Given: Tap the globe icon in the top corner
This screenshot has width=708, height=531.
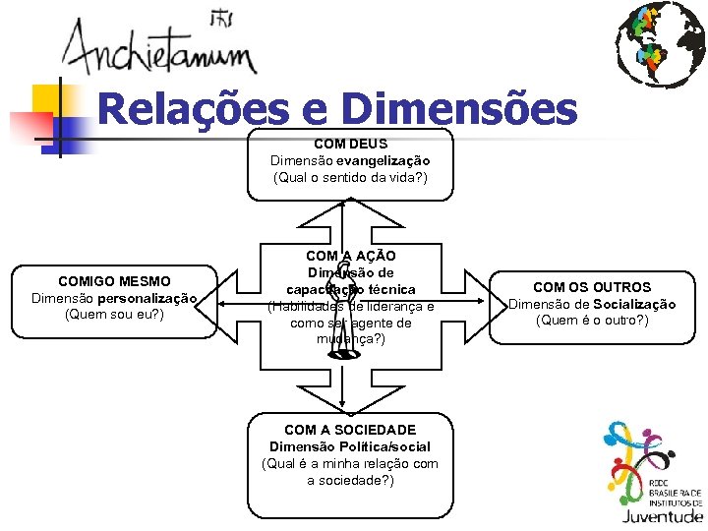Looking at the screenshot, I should tap(659, 43).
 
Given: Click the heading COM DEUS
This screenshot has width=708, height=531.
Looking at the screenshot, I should tap(350, 144).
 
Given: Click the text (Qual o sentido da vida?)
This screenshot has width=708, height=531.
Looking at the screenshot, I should tap(350, 178).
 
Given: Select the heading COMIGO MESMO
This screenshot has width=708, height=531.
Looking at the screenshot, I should tap(114, 281).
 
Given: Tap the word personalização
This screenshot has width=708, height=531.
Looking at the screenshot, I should tap(147, 298).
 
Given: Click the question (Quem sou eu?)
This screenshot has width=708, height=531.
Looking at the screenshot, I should tap(114, 315).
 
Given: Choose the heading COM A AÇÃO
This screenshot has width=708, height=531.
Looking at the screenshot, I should tap(350, 256).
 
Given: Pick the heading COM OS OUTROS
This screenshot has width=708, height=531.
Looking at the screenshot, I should tap(592, 287).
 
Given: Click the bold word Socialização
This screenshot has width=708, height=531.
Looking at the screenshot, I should tap(633, 304).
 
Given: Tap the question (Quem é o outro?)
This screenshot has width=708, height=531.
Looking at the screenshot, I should tap(592, 321).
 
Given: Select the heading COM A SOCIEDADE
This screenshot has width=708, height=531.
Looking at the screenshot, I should tap(350, 430).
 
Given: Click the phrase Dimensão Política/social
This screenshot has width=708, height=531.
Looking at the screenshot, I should tap(350, 446).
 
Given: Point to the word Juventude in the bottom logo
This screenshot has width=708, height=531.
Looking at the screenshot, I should tap(662, 514).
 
